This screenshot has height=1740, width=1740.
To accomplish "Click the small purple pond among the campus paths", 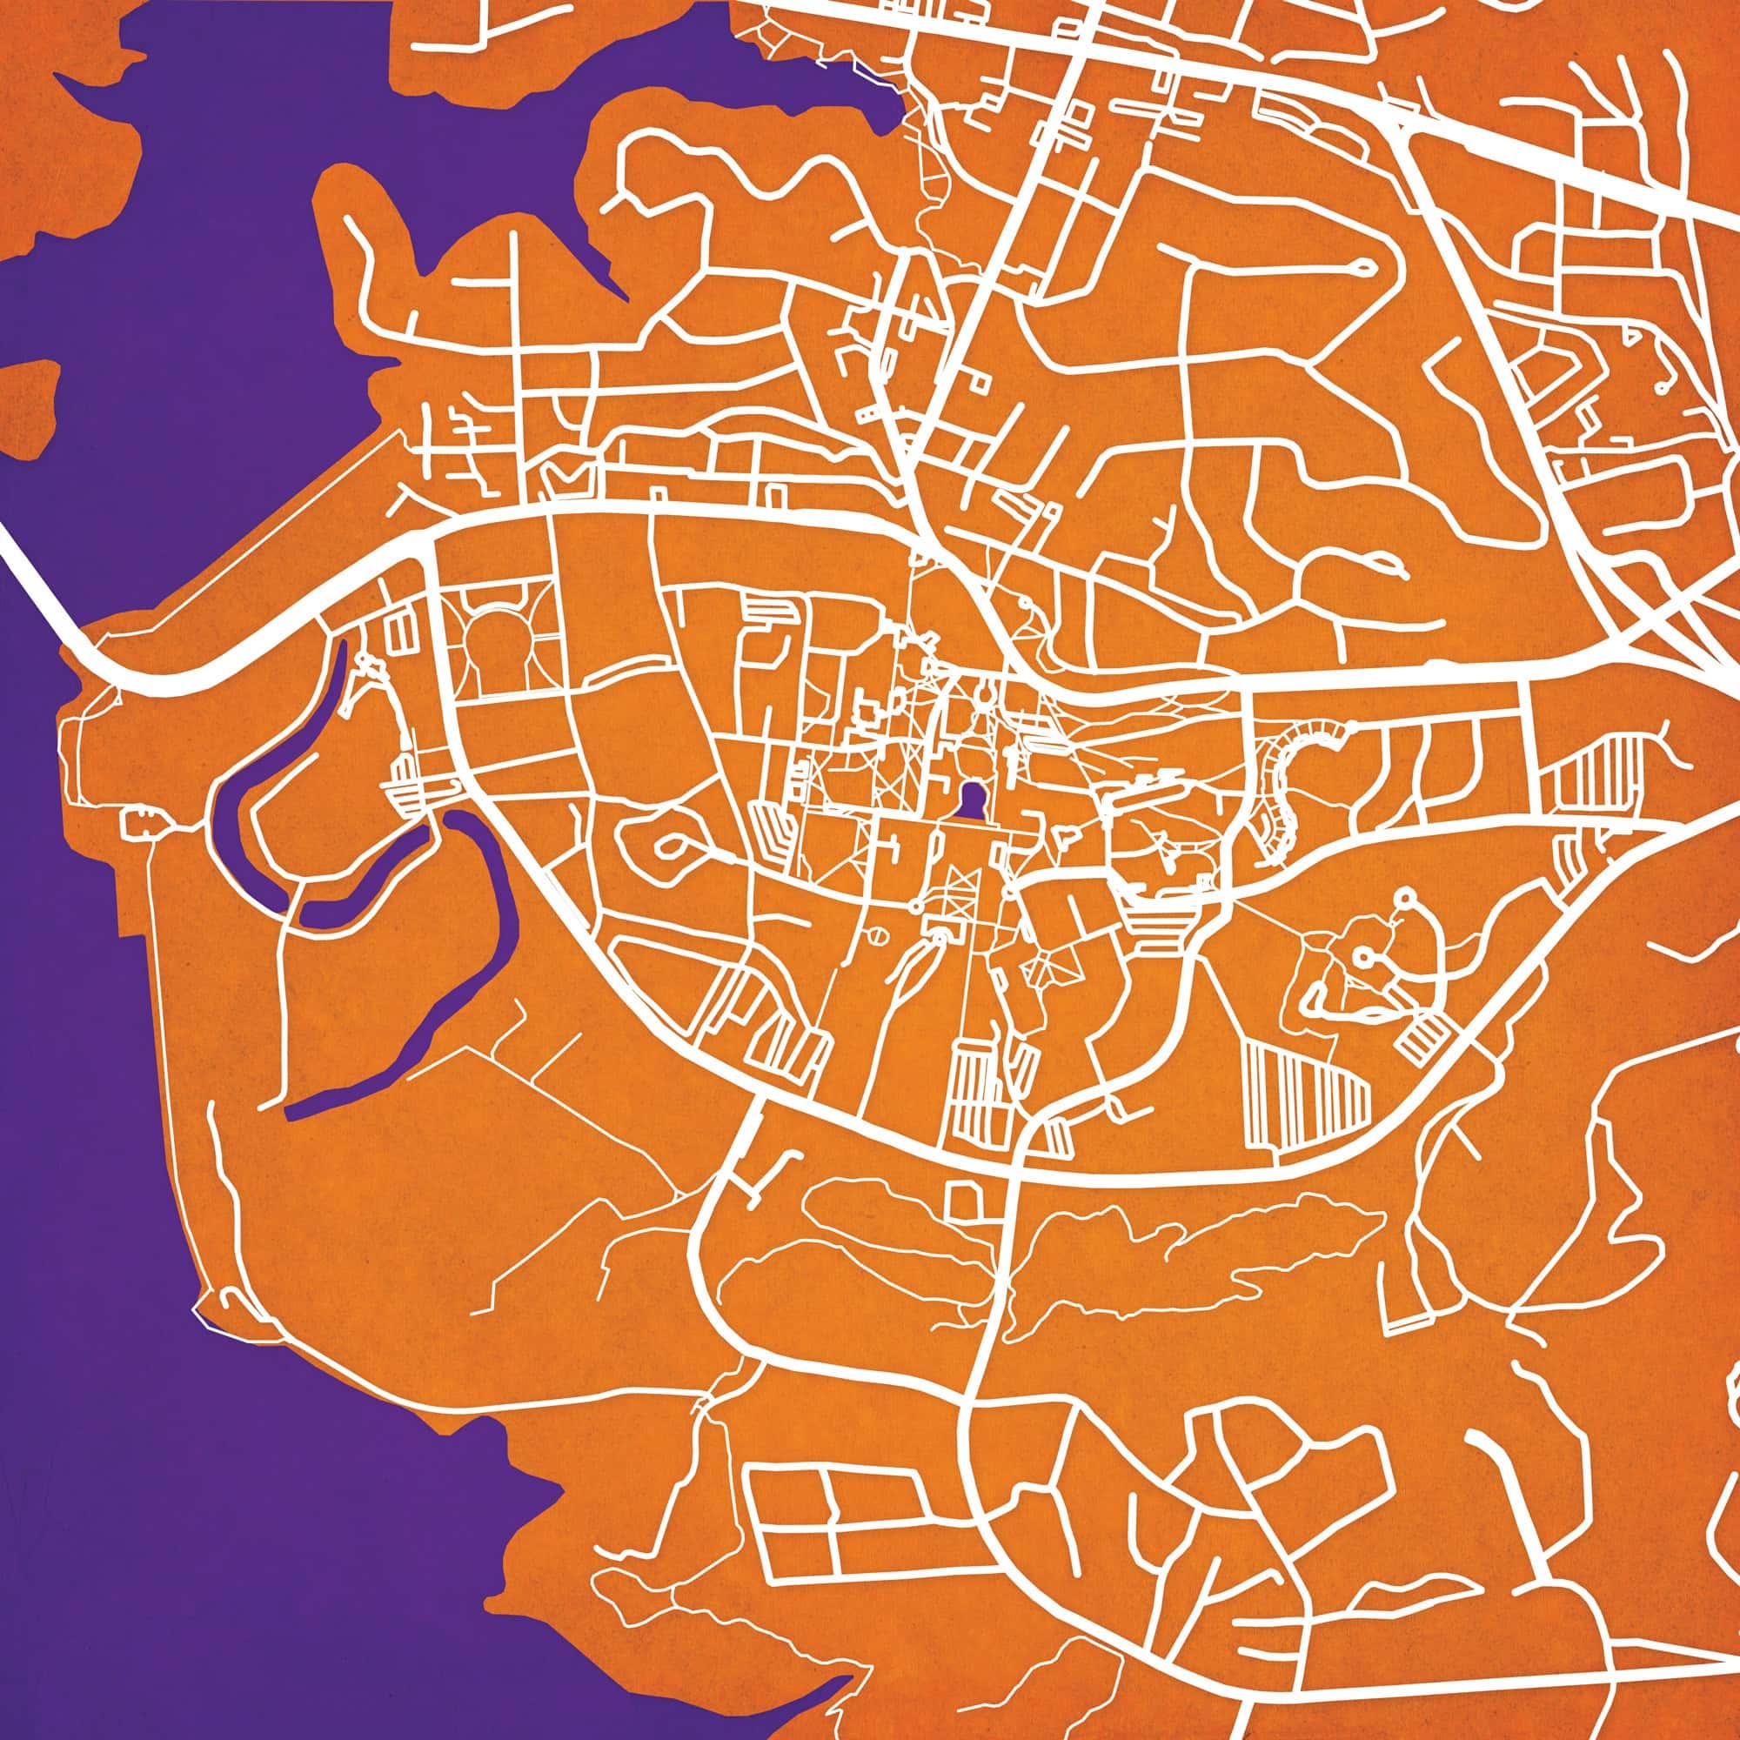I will (971, 800).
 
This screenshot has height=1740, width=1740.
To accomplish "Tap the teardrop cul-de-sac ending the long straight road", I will (1360, 264).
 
